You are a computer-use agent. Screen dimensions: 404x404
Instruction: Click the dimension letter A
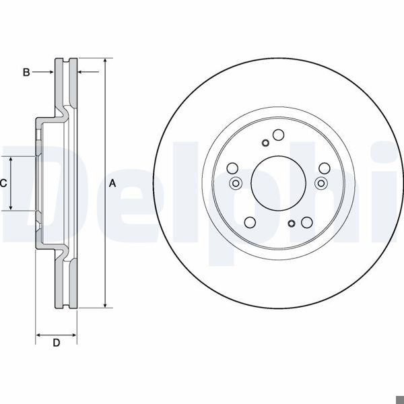coord(112,183)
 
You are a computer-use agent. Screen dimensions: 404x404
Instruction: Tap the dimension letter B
coord(26,72)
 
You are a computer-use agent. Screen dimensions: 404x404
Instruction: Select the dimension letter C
coord(3,183)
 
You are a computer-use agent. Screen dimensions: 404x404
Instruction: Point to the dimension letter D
coord(57,344)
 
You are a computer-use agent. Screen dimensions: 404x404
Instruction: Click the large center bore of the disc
coord(278,182)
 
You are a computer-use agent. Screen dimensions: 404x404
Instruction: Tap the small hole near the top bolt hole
coord(265,142)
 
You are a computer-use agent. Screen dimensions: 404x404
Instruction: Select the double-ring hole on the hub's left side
coord(235,182)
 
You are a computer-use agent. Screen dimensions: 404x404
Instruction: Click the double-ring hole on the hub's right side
coord(321,182)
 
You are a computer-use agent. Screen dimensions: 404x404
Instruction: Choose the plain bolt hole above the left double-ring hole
coord(232,168)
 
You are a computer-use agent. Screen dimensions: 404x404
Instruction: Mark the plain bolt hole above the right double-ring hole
coord(323,168)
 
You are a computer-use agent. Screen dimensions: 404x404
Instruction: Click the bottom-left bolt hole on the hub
coord(250,223)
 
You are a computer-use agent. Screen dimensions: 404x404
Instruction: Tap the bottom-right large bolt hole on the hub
coord(306,223)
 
